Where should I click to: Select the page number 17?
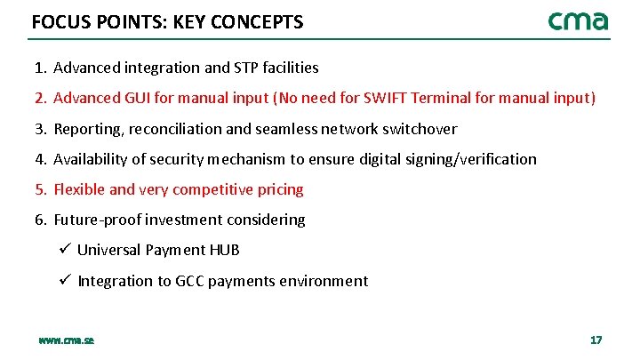click(596, 340)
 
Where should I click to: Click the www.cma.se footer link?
click(67, 340)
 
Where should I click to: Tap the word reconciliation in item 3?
click(177, 129)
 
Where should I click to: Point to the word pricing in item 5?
click(282, 189)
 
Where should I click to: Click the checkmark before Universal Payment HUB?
click(65, 250)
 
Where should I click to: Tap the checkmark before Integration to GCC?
click(65, 281)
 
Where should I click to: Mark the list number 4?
click(40, 159)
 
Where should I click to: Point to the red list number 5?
click(40, 189)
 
